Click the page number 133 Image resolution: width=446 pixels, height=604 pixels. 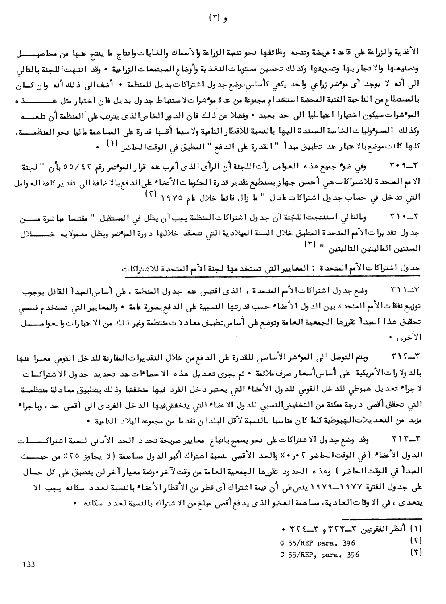(x=28, y=564)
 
